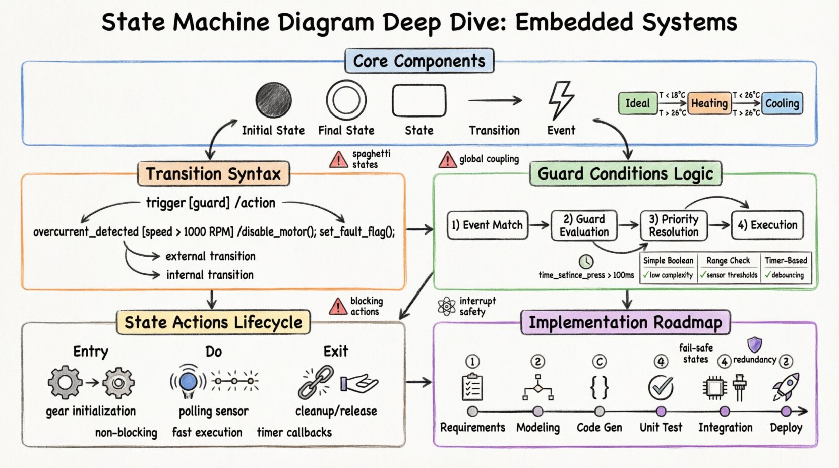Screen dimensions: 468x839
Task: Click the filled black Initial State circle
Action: pyautogui.click(x=273, y=100)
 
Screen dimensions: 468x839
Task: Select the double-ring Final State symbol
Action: pyautogui.click(x=346, y=100)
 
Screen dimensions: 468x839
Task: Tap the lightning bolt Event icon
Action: pyautogui.click(x=560, y=100)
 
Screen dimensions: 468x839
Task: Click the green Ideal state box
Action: pyautogui.click(x=637, y=103)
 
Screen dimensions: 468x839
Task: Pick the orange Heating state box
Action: pyautogui.click(x=709, y=103)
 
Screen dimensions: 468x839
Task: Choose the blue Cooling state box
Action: pyautogui.click(x=782, y=103)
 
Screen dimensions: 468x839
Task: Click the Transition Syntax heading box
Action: pyautogui.click(x=213, y=174)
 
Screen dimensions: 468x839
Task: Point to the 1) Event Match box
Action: pyautogui.click(x=487, y=225)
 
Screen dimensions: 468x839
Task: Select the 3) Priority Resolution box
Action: pyautogui.click(x=674, y=225)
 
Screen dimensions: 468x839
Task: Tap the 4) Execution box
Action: pyautogui.click(x=767, y=225)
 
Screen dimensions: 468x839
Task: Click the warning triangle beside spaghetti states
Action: pyautogui.click(x=338, y=160)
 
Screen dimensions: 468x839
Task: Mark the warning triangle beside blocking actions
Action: pyautogui.click(x=338, y=307)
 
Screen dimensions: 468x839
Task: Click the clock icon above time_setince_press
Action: pyautogui.click(x=586, y=261)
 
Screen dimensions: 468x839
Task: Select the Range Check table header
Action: pyautogui.click(x=728, y=260)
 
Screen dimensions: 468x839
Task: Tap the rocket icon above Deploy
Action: pyautogui.click(x=786, y=387)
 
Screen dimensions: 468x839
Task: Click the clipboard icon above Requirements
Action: pyautogui.click(x=472, y=387)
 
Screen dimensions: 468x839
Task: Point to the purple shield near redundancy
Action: pyautogui.click(x=754, y=345)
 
